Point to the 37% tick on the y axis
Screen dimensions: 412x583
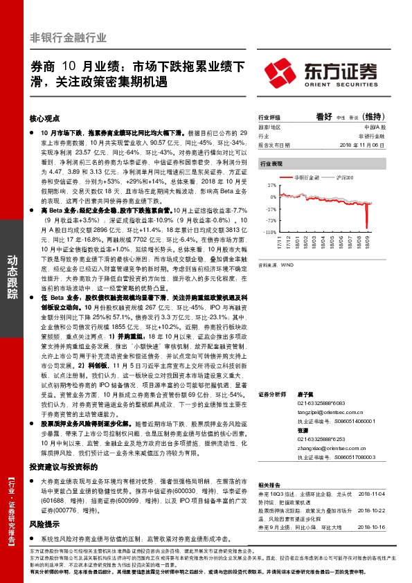coord(270,186)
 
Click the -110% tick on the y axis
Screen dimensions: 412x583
coord(269,233)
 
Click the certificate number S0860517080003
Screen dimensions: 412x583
coord(351,457)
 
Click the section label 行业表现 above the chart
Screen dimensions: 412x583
coord(271,164)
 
